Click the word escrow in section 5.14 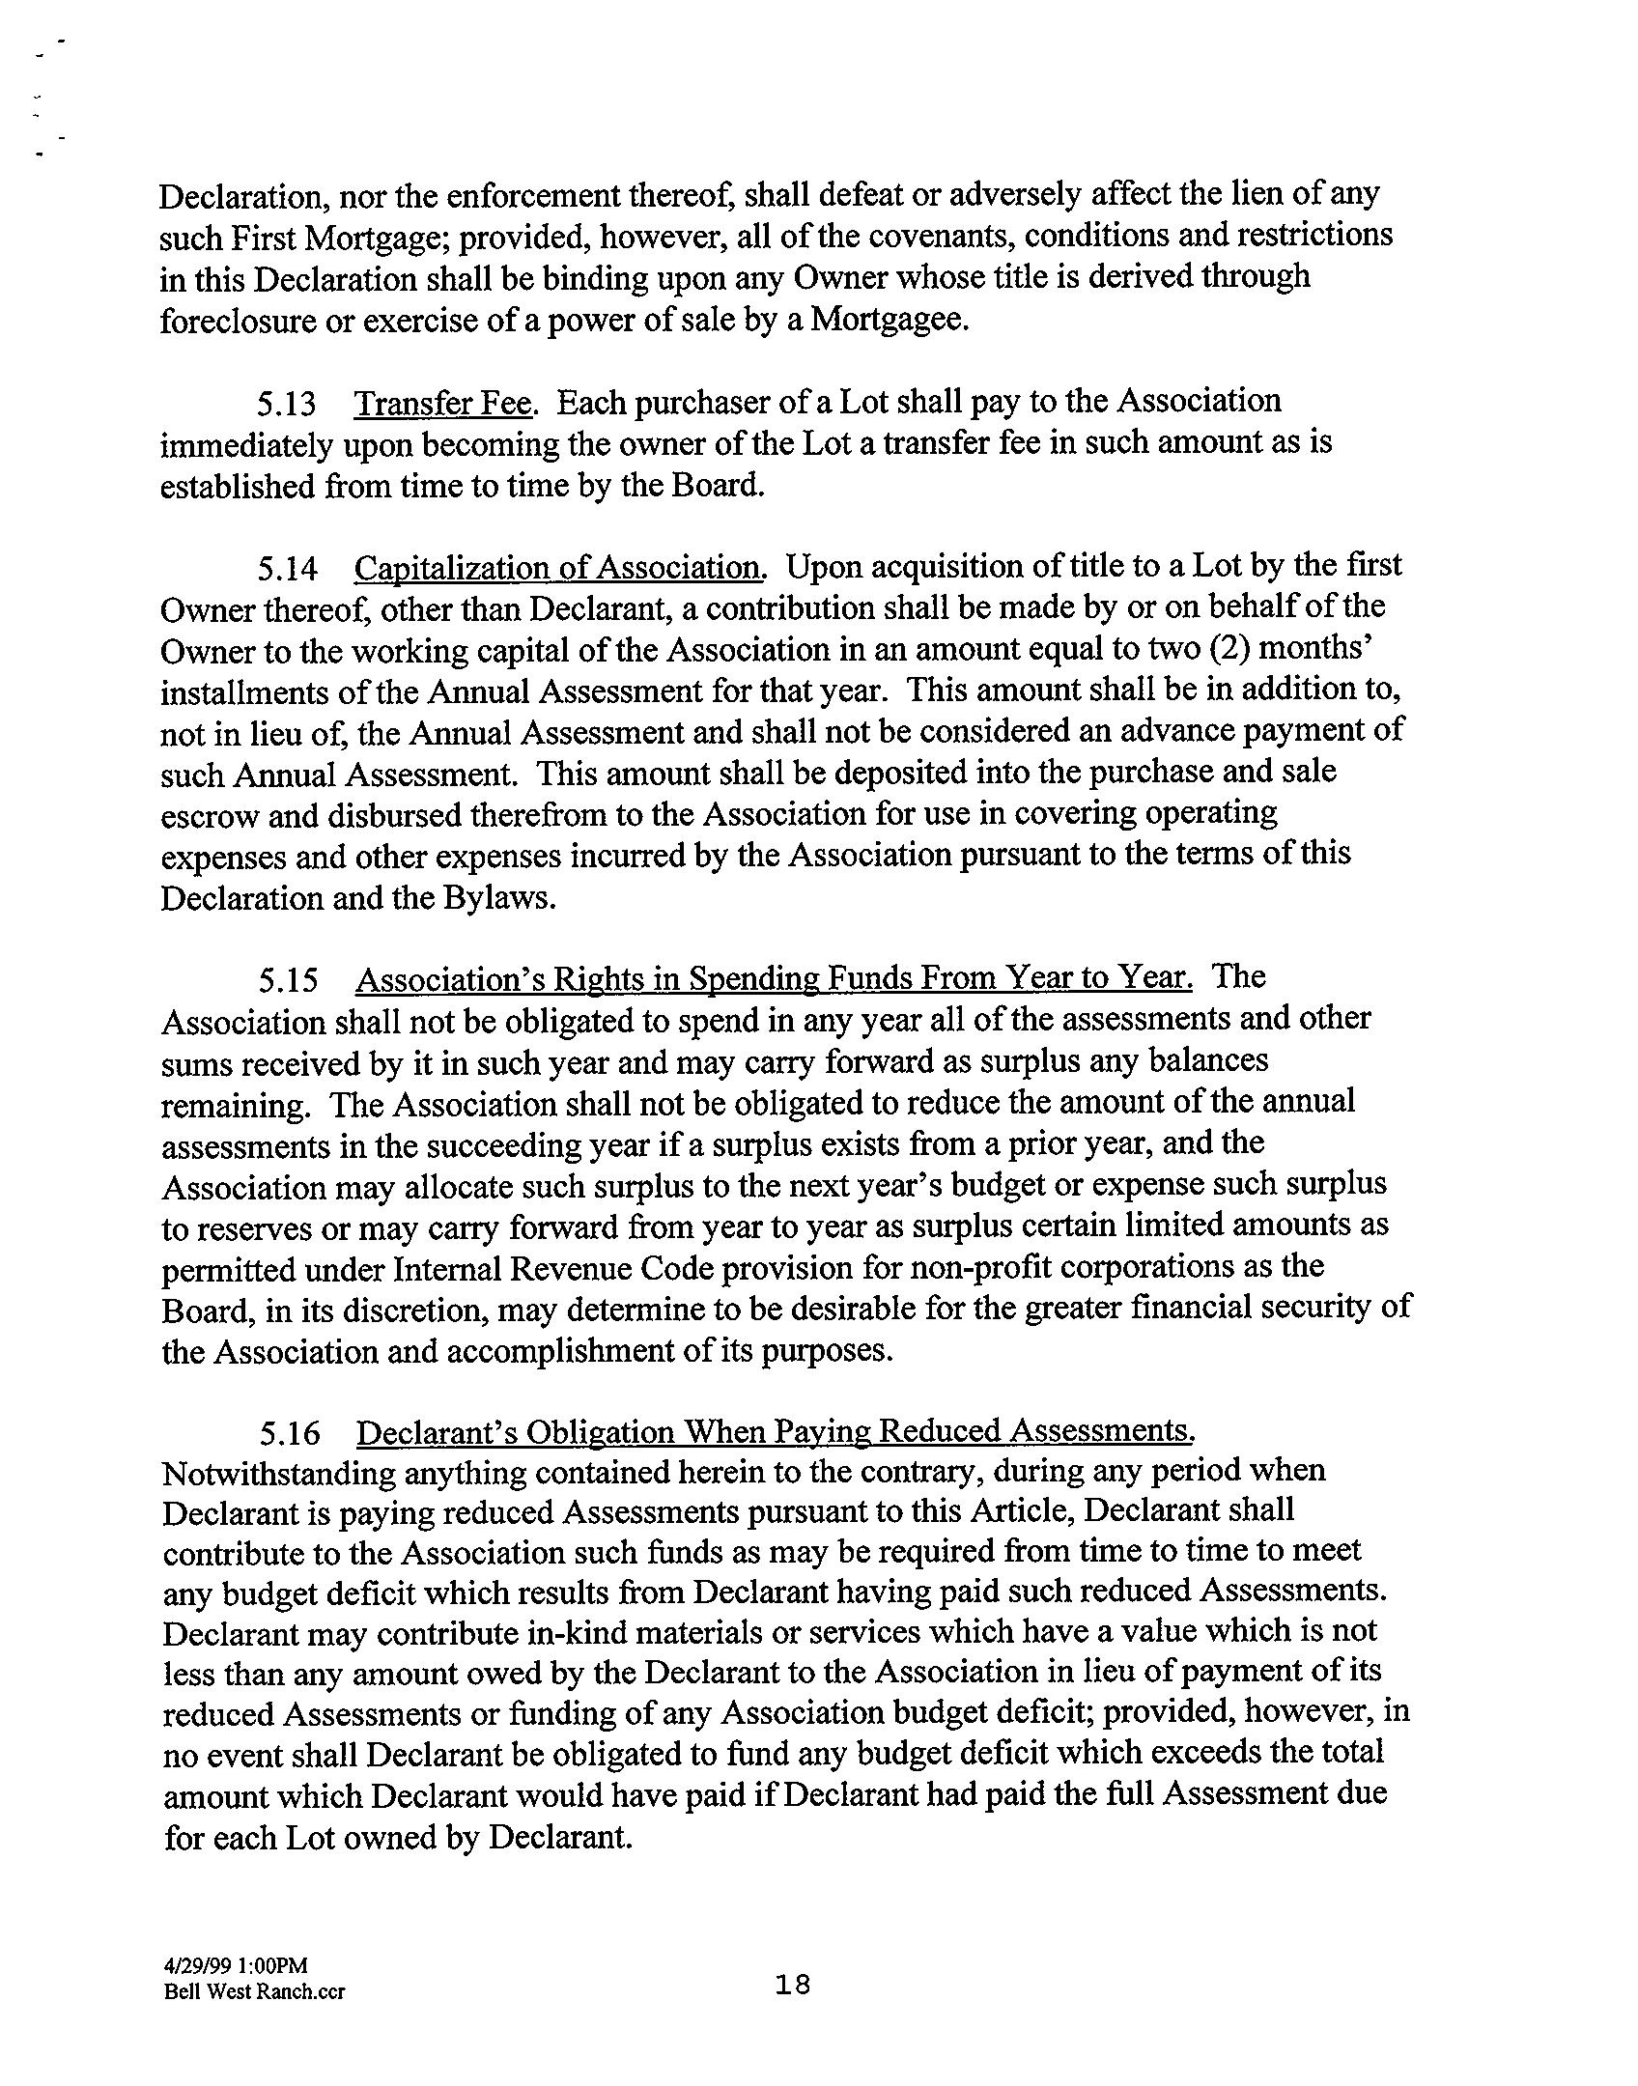click(209, 816)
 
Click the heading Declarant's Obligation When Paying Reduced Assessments click(776, 1432)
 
